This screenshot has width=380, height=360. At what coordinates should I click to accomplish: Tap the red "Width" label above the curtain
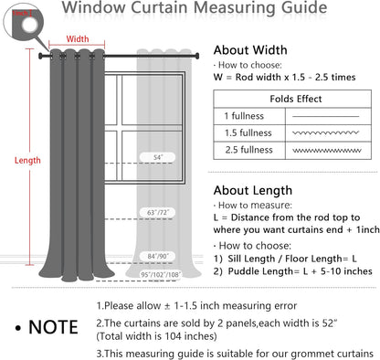pos(79,39)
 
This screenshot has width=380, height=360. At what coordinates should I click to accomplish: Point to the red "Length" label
pos(27,160)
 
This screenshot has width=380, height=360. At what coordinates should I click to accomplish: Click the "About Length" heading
pos(253,190)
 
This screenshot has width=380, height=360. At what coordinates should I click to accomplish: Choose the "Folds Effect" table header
pos(294,99)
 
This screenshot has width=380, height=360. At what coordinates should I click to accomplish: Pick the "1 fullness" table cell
pos(245,116)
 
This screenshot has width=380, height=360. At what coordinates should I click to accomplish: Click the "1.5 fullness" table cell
pos(248,132)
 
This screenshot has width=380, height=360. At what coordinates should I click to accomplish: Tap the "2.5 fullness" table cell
pos(248,149)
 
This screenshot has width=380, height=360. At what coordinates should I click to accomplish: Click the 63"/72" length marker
pos(161,212)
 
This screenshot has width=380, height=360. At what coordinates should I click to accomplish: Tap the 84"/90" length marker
pos(161,256)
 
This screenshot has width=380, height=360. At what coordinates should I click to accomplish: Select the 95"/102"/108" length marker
pos(162,273)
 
